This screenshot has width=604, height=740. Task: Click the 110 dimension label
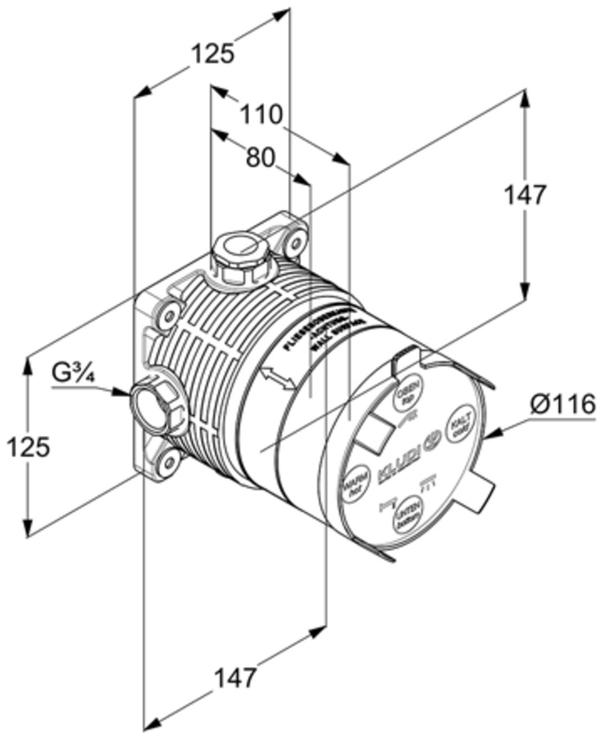click(x=260, y=114)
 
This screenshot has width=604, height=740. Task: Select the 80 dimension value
click(x=260, y=157)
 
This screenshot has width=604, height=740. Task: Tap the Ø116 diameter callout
click(x=562, y=405)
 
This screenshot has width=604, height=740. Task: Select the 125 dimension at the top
click(x=213, y=54)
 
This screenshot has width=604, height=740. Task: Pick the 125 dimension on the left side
click(x=28, y=447)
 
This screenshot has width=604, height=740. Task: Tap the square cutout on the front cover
click(x=375, y=436)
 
